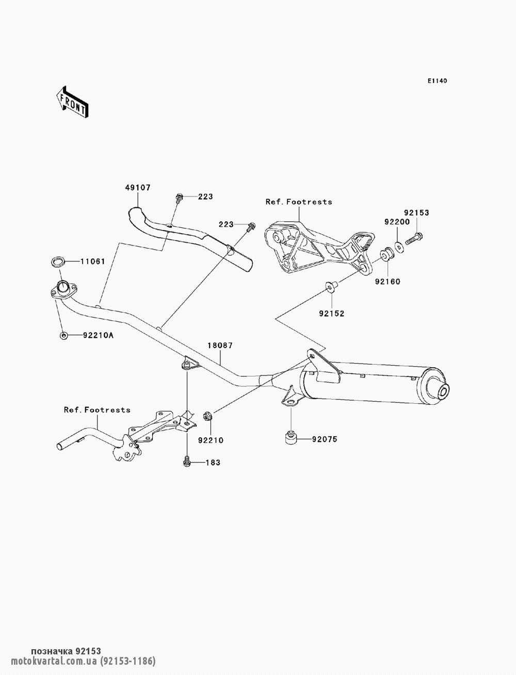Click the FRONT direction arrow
point(72,101)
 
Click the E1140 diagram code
point(437,81)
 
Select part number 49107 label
point(138,187)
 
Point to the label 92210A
point(98,335)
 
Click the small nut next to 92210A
point(63,335)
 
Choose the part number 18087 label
point(220,345)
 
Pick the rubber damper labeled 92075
point(290,438)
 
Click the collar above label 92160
point(386,255)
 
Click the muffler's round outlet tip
point(444,392)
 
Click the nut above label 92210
point(206,417)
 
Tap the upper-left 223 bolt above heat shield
point(179,198)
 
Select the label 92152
point(331,314)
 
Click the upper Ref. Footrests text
point(299,202)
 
